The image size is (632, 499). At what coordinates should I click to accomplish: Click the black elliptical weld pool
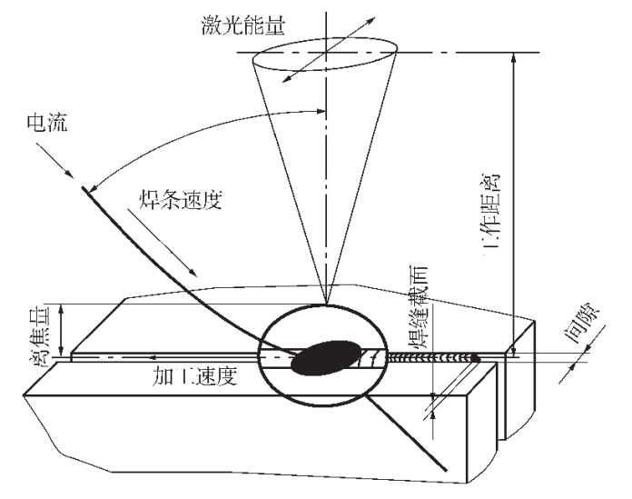click(324, 355)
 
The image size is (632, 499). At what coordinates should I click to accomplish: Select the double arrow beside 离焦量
click(61, 329)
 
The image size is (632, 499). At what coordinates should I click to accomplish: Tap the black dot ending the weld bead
click(475, 360)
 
